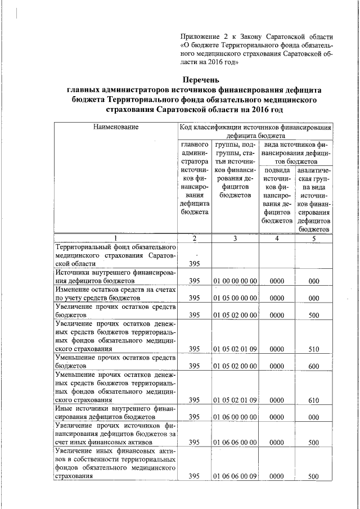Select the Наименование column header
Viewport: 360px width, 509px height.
tap(116, 128)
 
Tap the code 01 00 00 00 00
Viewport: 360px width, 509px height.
tap(235, 280)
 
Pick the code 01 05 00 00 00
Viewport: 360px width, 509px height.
tap(235, 298)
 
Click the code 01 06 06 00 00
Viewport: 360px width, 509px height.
tap(235, 443)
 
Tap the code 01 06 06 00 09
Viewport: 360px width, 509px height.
tap(235, 476)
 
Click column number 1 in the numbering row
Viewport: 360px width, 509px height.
tap(116, 238)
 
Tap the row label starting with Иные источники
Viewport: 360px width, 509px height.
tap(116, 413)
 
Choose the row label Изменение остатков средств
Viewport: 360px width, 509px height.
tap(116, 293)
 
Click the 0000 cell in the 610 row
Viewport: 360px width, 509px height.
tap(276, 400)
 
